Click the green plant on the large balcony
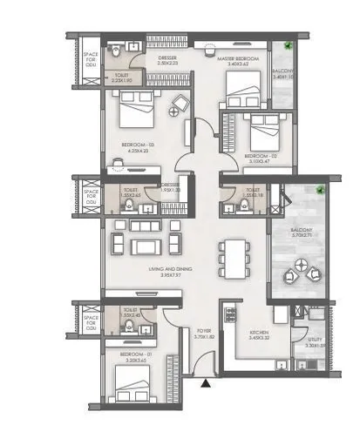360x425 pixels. tap(321, 189)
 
